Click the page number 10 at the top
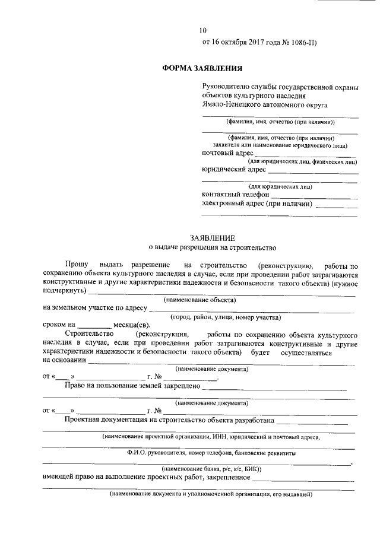(x=203, y=31)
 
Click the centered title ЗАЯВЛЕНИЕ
(x=212, y=236)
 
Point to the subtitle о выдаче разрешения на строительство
(x=212, y=246)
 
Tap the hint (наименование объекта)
(x=199, y=300)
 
